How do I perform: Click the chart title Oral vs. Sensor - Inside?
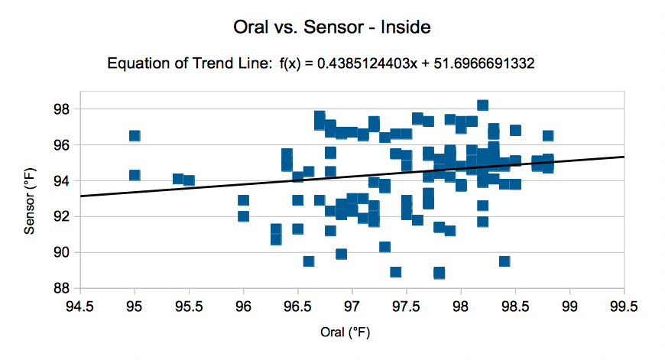pyautogui.click(x=332, y=28)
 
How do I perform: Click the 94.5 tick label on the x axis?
pyautogui.click(x=79, y=306)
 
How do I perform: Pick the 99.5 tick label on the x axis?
pyautogui.click(x=624, y=306)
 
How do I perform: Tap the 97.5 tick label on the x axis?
pyautogui.click(x=406, y=306)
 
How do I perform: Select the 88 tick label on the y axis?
pyautogui.click(x=63, y=288)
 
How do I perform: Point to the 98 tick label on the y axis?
pyautogui.click(x=63, y=109)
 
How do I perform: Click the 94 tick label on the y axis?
pyautogui.click(x=63, y=181)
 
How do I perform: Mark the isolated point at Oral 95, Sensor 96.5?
pyautogui.click(x=135, y=136)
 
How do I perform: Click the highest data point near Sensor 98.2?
pyautogui.click(x=482, y=105)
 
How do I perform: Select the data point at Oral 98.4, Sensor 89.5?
pyautogui.click(x=504, y=261)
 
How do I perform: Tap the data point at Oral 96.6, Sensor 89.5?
pyautogui.click(x=309, y=261)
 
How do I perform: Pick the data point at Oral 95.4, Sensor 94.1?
pyautogui.click(x=178, y=179)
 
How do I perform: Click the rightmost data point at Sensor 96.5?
pyautogui.click(x=548, y=136)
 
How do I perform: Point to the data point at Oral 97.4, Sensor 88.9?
pyautogui.click(x=395, y=272)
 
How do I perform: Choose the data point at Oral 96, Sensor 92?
pyautogui.click(x=243, y=216)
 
